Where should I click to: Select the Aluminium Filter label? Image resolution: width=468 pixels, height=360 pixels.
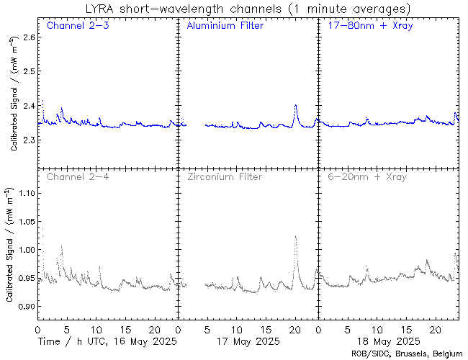(225, 26)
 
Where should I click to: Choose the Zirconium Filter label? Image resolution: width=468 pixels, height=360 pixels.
(224, 176)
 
